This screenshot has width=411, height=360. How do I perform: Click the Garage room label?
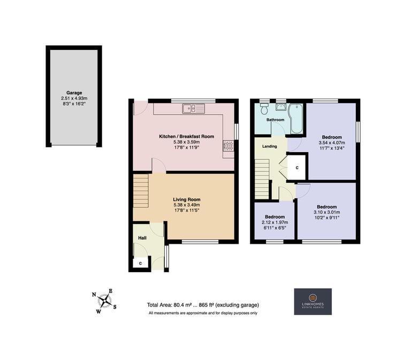[x=74, y=93]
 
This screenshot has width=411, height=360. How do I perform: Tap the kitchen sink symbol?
[x=193, y=108]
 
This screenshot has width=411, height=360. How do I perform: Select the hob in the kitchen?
[x=229, y=146]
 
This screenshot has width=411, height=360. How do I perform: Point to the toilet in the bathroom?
[x=264, y=108]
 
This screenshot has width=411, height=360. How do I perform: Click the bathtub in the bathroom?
[x=296, y=118]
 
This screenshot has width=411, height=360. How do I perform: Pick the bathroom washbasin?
[x=281, y=107]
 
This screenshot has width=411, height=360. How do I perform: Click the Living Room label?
[x=187, y=199]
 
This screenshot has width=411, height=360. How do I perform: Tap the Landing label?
[x=270, y=146]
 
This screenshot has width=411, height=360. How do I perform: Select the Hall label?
[x=142, y=238]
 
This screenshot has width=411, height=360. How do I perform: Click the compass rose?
[x=105, y=301]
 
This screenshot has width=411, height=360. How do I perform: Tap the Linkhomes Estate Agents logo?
[x=313, y=302]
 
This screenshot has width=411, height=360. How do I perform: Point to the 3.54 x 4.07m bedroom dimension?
[x=332, y=142]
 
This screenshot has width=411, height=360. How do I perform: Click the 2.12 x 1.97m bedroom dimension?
[x=275, y=222]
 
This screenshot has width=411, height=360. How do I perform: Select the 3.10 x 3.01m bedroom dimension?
[x=327, y=212]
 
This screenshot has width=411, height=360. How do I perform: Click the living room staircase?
[x=141, y=191]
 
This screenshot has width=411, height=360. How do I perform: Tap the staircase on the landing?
[x=262, y=179]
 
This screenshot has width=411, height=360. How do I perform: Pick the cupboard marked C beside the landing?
[x=297, y=168]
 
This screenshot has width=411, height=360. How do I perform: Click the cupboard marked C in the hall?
[x=141, y=263]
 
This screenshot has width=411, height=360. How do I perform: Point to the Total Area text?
[x=203, y=305]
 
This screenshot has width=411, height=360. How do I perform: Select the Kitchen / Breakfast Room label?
[x=187, y=137]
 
